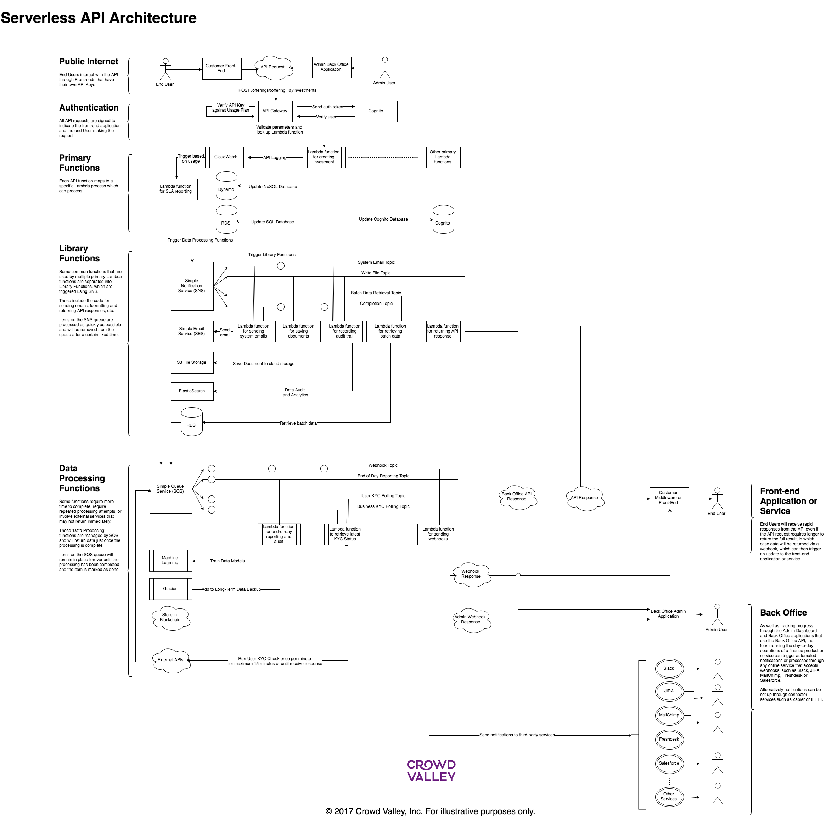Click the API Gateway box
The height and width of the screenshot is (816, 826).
pyautogui.click(x=275, y=111)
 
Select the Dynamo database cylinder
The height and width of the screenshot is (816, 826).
pyautogui.click(x=226, y=186)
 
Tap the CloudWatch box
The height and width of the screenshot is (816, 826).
pyautogui.click(x=226, y=157)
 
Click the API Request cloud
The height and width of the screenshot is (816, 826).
pyautogui.click(x=273, y=68)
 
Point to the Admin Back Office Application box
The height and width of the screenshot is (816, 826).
pyautogui.click(x=331, y=67)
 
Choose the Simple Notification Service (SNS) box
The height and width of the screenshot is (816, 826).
pyautogui.click(x=192, y=286)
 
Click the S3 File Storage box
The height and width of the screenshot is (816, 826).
pyautogui.click(x=192, y=363)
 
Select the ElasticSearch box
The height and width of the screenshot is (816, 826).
pyautogui.click(x=192, y=391)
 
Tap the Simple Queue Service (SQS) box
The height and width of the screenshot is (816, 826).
pyautogui.click(x=170, y=489)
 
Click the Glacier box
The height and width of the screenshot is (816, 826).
pyautogui.click(x=170, y=589)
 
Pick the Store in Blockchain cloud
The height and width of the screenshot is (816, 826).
pyautogui.click(x=170, y=618)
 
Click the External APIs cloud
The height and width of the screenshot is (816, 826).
pyautogui.click(x=170, y=660)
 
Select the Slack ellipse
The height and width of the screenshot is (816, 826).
pyautogui.click(x=669, y=669)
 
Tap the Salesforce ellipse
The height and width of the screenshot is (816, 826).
pyautogui.click(x=669, y=764)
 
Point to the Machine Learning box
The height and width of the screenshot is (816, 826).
pyautogui.click(x=170, y=561)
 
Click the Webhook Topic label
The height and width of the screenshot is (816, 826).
pyautogui.click(x=383, y=465)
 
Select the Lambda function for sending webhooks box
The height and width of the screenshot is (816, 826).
pyautogui.click(x=439, y=534)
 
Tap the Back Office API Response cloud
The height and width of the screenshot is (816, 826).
pyautogui.click(x=517, y=498)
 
